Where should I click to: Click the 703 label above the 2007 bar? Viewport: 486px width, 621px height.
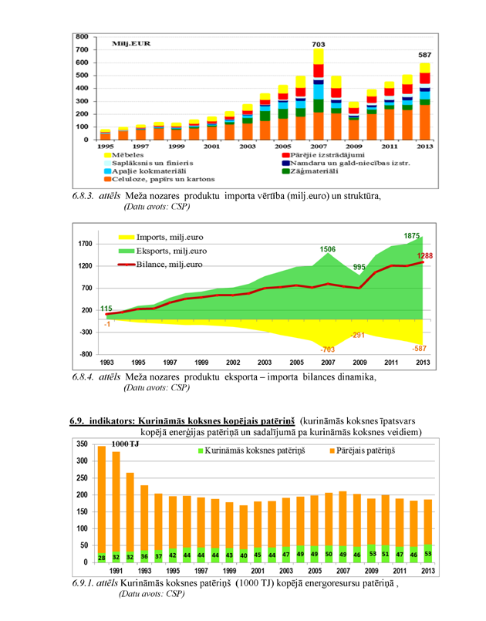point(318,45)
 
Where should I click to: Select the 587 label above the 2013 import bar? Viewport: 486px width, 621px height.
point(424,56)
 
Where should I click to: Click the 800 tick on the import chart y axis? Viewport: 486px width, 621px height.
point(82,36)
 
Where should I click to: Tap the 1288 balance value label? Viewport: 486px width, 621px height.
point(424,256)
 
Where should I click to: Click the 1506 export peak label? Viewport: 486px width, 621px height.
point(329,249)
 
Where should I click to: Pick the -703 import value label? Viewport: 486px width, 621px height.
point(329,349)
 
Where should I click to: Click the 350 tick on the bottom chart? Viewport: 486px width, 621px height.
point(80,445)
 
